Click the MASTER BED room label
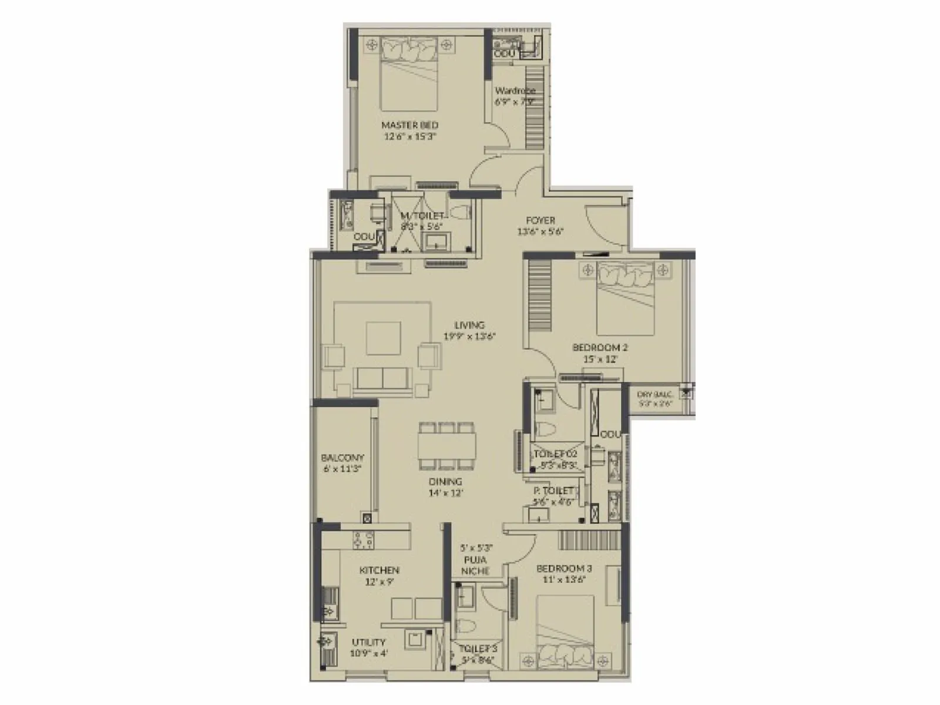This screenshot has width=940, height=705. click(409, 125)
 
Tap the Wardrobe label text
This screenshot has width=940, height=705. click(515, 91)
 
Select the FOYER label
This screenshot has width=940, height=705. click(540, 220)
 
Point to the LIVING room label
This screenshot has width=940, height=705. click(469, 325)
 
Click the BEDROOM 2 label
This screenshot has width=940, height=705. click(596, 348)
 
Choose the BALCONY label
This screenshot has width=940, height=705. click(343, 458)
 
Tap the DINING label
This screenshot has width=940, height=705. click(446, 482)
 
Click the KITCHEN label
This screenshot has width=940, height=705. click(379, 570)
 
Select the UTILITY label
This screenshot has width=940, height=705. click(368, 642)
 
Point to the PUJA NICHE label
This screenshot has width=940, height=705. click(475, 565)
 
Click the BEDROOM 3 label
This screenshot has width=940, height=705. click(564, 569)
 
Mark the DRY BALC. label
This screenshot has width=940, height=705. click(654, 395)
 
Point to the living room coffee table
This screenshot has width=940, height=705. click(384, 338)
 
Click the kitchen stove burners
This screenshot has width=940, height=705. click(362, 538)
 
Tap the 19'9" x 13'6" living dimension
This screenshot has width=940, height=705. click(469, 337)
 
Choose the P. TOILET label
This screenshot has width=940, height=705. click(553, 491)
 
